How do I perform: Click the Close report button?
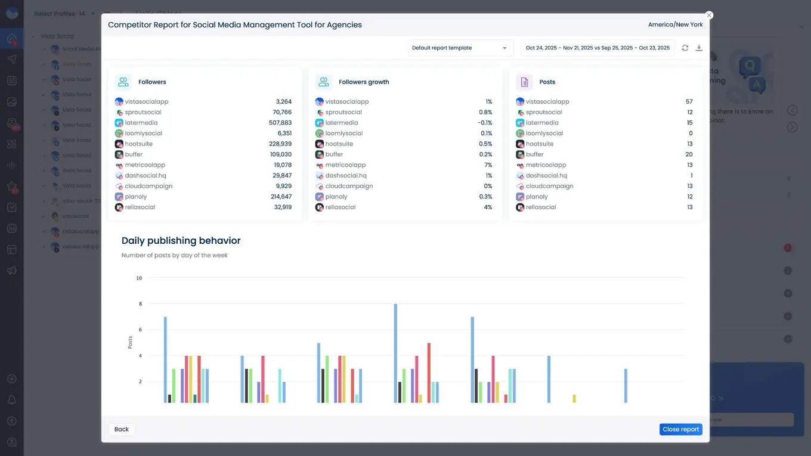click(x=680, y=429)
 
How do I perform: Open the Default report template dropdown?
click(x=460, y=48)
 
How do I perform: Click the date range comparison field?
click(x=597, y=48)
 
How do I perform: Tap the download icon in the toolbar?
click(x=699, y=48)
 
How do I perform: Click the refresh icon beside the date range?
click(x=685, y=48)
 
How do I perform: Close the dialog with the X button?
click(x=709, y=15)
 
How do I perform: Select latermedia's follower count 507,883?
click(x=280, y=123)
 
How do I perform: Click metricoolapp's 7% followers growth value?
click(x=488, y=165)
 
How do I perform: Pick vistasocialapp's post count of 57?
click(x=689, y=102)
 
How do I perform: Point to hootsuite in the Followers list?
click(x=138, y=144)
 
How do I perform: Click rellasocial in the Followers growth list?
click(x=340, y=207)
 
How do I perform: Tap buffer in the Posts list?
click(x=534, y=154)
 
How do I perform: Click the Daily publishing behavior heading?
click(x=181, y=241)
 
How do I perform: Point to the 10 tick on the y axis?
click(x=139, y=278)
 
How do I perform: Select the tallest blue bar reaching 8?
click(x=395, y=353)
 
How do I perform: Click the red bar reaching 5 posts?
click(x=429, y=373)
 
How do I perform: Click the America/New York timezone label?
click(x=675, y=25)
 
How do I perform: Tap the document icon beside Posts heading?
click(x=524, y=82)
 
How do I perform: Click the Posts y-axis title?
click(x=130, y=342)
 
